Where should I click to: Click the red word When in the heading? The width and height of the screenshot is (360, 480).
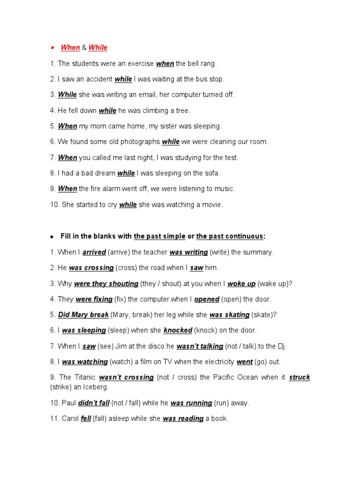tap(70, 47)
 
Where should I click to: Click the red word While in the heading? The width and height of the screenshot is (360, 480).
tap(98, 47)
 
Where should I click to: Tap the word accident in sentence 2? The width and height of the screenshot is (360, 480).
tap(98, 79)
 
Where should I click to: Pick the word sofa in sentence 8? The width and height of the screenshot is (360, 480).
tap(211, 173)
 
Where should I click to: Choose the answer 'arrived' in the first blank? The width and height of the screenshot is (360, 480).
tap(94, 252)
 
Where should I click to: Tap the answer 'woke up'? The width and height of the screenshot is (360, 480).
tap(241, 284)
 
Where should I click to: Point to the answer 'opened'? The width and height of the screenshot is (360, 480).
tap(207, 299)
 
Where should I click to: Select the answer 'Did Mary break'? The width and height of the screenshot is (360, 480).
tap(83, 315)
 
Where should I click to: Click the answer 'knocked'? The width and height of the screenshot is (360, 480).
tap(178, 330)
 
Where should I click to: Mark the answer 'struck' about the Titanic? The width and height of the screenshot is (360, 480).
tap(300, 377)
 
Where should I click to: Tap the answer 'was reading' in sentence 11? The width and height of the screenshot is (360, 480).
tap(183, 419)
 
